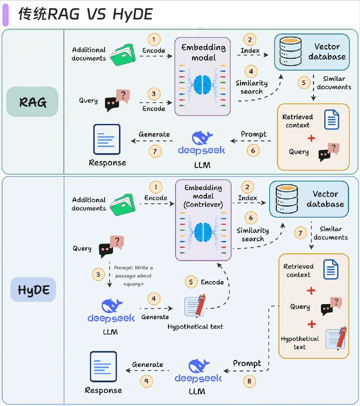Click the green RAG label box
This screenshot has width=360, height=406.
(x=32, y=102)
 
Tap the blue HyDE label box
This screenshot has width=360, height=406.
(x=33, y=290)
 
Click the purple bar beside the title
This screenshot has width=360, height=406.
(x=5, y=15)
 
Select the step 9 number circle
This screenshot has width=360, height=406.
(x=146, y=381)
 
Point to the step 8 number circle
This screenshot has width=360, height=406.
(x=249, y=381)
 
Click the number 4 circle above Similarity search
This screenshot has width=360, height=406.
(x=251, y=72)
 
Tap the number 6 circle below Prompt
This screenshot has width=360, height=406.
(x=253, y=150)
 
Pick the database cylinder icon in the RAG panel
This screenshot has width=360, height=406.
(x=290, y=51)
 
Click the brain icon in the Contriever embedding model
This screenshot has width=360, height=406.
(x=203, y=232)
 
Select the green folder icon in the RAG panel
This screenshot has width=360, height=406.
(x=123, y=55)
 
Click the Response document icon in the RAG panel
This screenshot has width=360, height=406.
(x=106, y=139)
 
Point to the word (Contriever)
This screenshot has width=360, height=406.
(x=203, y=205)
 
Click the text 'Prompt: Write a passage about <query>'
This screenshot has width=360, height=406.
(x=133, y=276)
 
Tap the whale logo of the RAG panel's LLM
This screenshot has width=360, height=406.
(x=202, y=137)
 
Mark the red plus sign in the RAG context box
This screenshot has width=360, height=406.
(x=311, y=138)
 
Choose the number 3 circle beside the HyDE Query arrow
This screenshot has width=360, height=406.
(x=98, y=275)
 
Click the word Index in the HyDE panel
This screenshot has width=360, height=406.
(x=247, y=198)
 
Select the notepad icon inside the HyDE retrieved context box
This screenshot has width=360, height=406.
(x=336, y=338)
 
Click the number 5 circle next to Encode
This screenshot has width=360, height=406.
(x=191, y=282)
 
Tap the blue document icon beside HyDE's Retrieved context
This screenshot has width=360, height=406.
(x=331, y=269)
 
